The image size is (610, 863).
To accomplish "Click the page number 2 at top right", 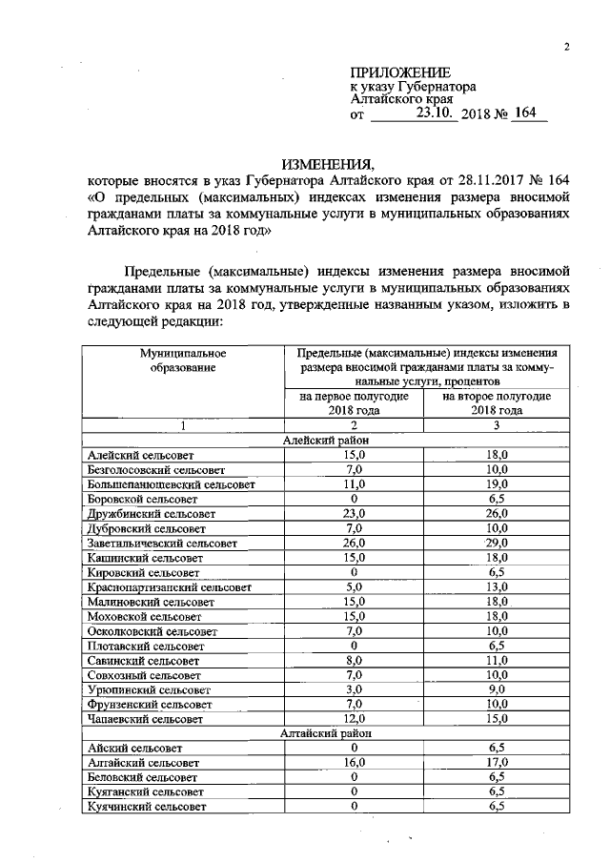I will click(x=566, y=49).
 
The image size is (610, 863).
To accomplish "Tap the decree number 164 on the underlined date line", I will click(x=524, y=113).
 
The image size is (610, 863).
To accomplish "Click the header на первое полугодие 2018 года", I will click(x=354, y=402).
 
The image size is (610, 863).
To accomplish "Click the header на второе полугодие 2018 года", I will click(x=497, y=402).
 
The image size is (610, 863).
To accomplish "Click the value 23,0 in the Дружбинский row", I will click(x=354, y=513).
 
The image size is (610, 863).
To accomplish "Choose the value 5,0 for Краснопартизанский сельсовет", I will click(x=354, y=586).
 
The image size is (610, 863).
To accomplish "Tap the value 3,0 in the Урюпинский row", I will click(x=354, y=689).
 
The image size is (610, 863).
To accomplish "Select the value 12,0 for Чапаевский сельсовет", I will click(x=354, y=718).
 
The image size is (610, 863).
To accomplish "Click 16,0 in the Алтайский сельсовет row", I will click(x=354, y=763).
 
